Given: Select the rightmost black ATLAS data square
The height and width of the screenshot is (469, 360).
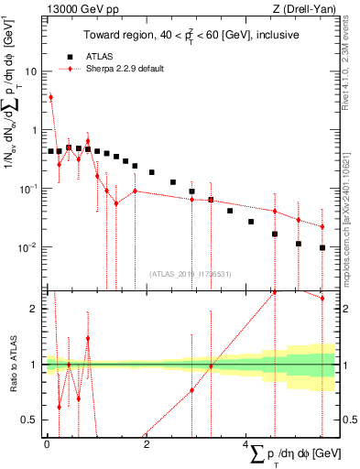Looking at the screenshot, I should click(x=322, y=247).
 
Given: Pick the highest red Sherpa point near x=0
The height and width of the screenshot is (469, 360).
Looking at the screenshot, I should click(x=50, y=96).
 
